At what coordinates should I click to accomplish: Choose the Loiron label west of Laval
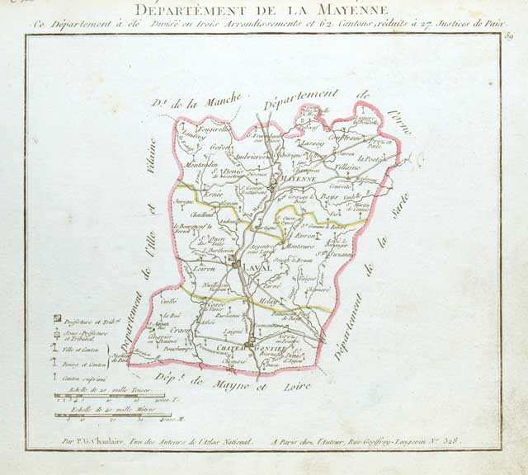pyautogui.click(x=205, y=268)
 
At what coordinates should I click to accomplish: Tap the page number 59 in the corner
pyautogui.click(x=509, y=36)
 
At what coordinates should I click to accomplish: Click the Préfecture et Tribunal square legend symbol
pyautogui.click(x=57, y=317)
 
